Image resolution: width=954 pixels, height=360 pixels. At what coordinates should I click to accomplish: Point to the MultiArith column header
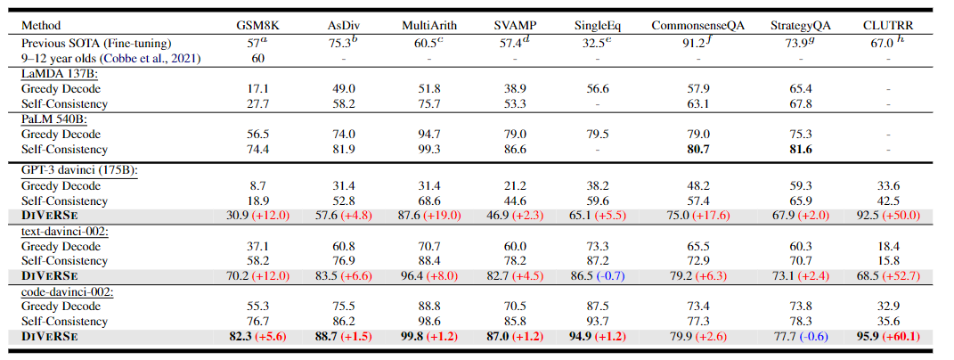[x=428, y=25]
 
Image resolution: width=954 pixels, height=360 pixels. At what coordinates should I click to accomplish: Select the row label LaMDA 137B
[x=59, y=73]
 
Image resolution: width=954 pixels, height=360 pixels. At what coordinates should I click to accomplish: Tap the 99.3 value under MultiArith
[x=428, y=149]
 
